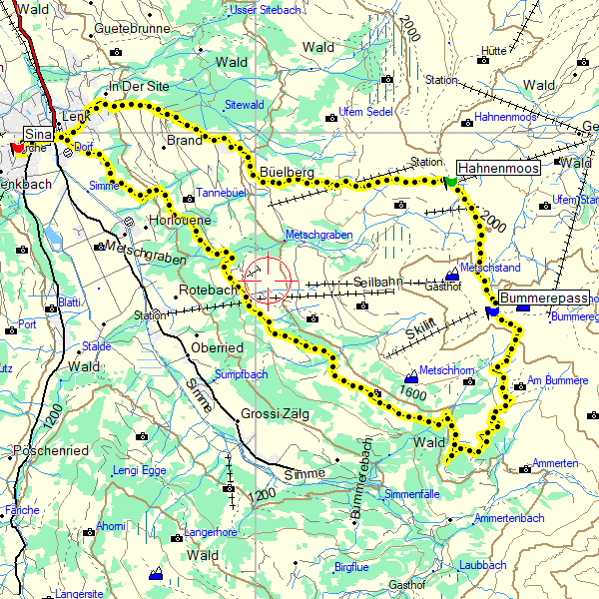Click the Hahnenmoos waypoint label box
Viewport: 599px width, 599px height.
[498, 168]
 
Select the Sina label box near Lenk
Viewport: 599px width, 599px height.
[38, 134]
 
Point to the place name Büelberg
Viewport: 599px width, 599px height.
[287, 173]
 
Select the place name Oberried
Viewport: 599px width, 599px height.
[216, 348]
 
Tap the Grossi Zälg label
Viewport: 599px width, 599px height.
[275, 414]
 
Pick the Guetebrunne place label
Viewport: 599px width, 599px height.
[134, 30]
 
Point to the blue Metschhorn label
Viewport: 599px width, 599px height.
[446, 369]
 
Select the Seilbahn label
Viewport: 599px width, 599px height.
[377, 282]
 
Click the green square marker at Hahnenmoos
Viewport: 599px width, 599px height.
[451, 182]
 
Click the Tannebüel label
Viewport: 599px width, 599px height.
[221, 192]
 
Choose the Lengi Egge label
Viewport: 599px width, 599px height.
[139, 469]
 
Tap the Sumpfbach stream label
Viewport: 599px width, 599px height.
[242, 374]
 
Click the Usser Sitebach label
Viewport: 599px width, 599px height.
[265, 9]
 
